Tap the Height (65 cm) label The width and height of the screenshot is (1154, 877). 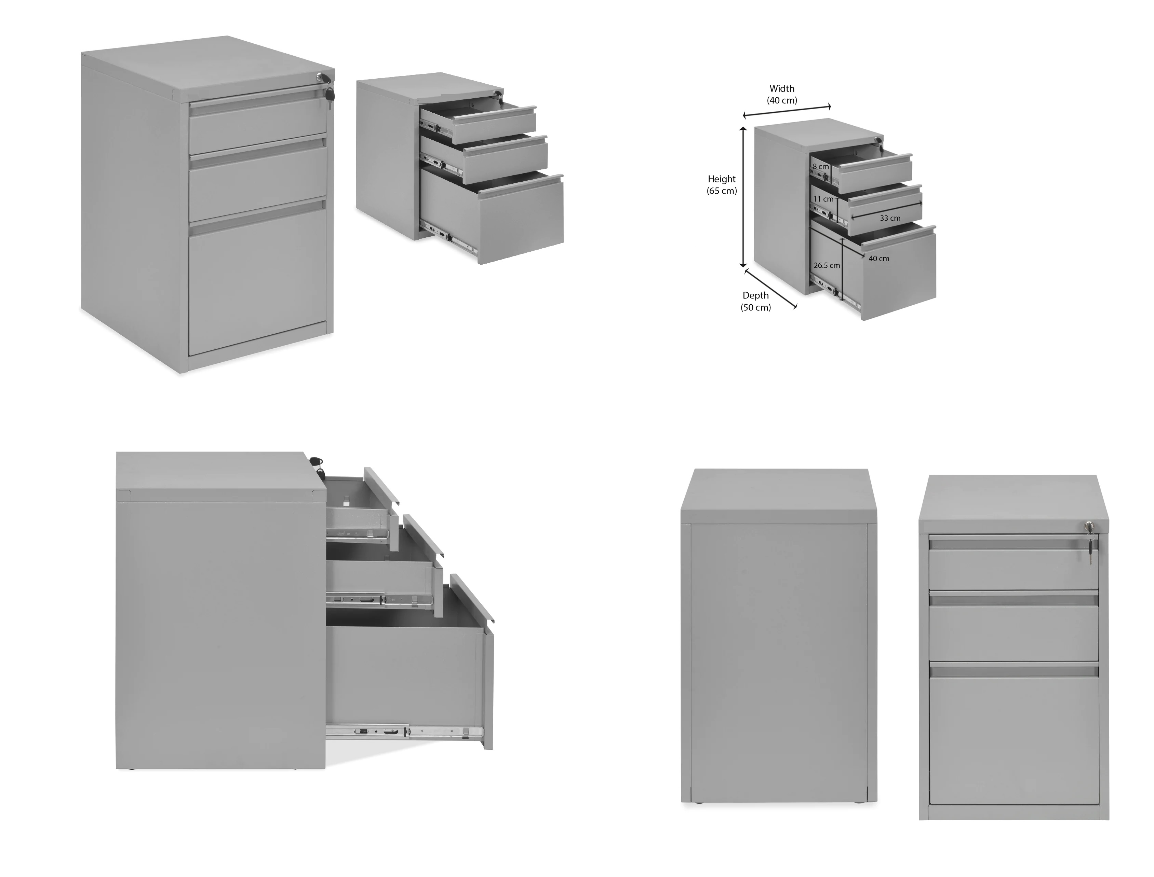(722, 185)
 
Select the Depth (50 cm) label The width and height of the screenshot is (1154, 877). (755, 301)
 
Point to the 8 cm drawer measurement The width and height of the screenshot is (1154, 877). (821, 167)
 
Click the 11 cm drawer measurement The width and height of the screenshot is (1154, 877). (823, 199)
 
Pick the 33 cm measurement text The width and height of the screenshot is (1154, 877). (890, 218)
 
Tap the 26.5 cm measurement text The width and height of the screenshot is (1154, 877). (827, 265)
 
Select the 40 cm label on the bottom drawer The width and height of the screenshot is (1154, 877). (879, 259)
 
